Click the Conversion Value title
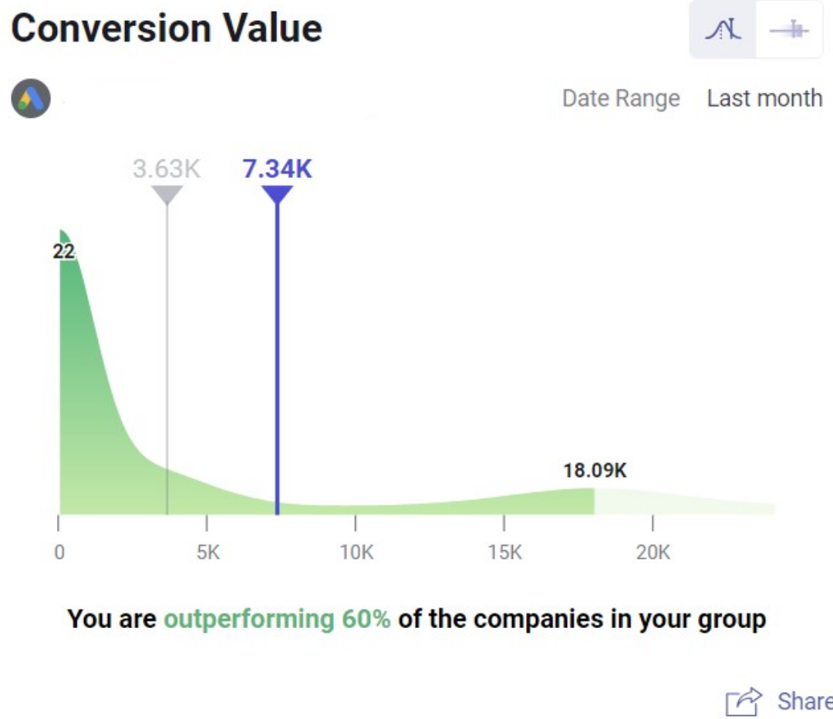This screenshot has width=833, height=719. click(166, 29)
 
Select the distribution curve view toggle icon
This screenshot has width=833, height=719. click(723, 30)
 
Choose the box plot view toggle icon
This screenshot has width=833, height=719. click(789, 30)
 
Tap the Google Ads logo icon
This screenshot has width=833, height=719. click(31, 98)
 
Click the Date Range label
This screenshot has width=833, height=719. click(620, 99)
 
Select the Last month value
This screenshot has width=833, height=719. click(764, 99)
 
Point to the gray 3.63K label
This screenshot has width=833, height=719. click(167, 169)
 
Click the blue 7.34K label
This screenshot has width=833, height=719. click(277, 169)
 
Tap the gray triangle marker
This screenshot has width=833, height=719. click(167, 193)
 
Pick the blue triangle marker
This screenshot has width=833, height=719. click(277, 193)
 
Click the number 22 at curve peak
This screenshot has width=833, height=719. click(64, 251)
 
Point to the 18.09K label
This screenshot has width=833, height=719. click(595, 471)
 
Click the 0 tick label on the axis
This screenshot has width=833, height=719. click(59, 553)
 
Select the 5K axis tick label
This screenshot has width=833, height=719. click(207, 553)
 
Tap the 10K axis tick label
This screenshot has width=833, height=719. click(356, 553)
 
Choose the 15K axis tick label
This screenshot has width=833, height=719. click(504, 553)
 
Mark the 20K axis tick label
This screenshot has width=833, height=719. click(653, 553)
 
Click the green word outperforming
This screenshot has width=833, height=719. click(245, 619)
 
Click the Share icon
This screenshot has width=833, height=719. click(744, 701)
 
